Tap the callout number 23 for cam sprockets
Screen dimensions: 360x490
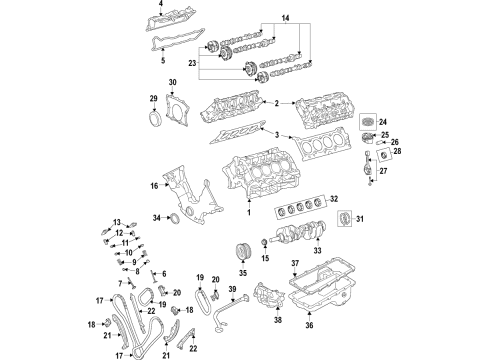206,63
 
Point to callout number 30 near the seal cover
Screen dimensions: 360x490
171,82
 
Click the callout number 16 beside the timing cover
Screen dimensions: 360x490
154,185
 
